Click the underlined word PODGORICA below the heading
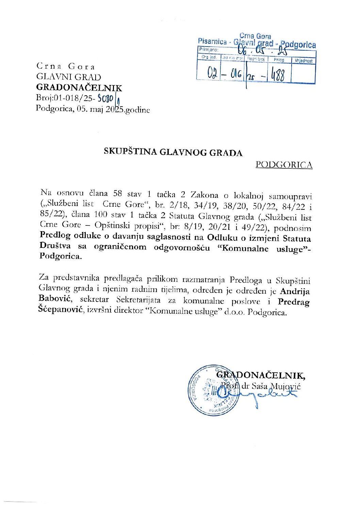coord(284,165)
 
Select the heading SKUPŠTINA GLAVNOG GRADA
coord(173,152)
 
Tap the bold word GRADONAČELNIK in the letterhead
coord(79,88)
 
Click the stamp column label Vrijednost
coord(304,61)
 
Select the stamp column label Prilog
coord(279,60)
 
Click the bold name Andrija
coord(295,291)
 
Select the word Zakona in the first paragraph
coord(204,195)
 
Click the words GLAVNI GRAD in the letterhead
coord(69,77)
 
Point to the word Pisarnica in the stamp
coord(212,41)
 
